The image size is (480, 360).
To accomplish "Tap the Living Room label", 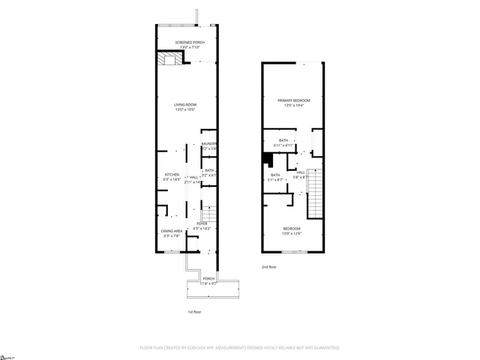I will click(x=185, y=106).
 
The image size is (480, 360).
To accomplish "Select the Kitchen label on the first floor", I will click(x=172, y=176).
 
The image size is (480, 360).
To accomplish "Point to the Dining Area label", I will click(x=172, y=232).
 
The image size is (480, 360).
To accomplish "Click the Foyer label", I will click(x=202, y=225).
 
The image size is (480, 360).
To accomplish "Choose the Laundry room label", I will click(x=208, y=145).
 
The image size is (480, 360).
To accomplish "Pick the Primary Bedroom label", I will click(x=292, y=103).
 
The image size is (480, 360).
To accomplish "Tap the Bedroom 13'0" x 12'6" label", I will click(x=292, y=230).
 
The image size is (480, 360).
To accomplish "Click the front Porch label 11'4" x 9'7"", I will click(x=208, y=280).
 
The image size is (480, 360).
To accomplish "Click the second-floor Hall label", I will click(x=301, y=175).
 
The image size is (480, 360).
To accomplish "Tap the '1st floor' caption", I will click(x=194, y=311).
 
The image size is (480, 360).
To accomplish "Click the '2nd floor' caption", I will click(x=268, y=267).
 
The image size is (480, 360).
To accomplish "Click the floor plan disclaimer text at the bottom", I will click(x=239, y=348).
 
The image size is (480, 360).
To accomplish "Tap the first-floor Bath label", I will click(x=208, y=173).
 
